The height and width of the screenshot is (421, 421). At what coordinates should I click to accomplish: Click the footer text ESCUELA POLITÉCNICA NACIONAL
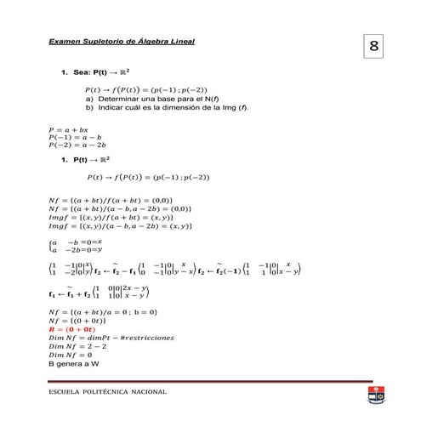coord(107,392)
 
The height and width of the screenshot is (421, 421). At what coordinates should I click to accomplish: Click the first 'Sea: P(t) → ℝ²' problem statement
coord(94,75)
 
